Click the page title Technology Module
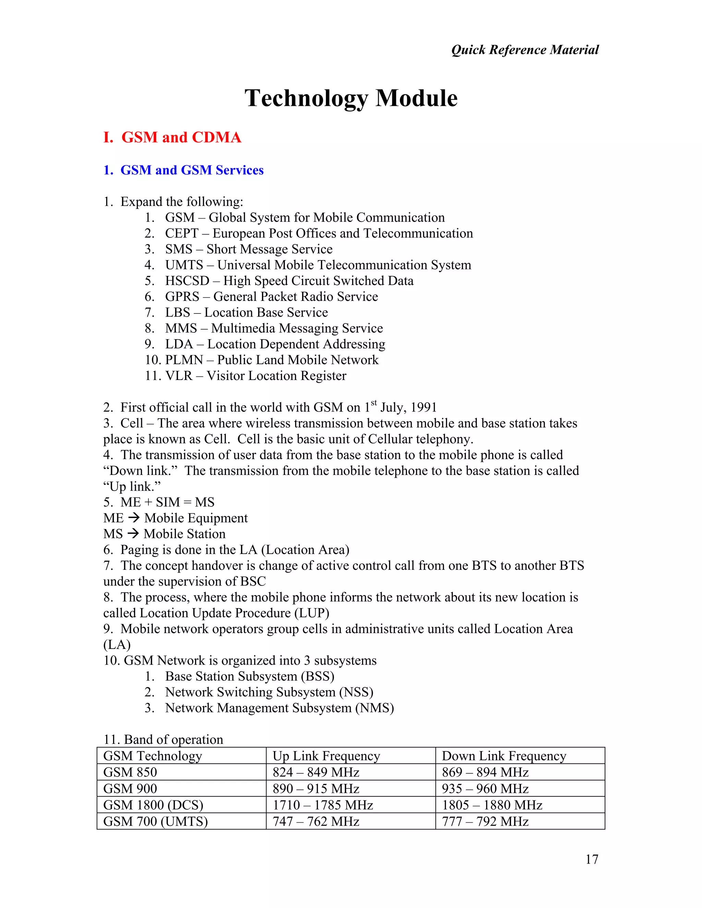pyautogui.click(x=351, y=99)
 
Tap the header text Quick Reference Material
pyautogui.click(x=525, y=50)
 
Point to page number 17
pyautogui.click(x=591, y=859)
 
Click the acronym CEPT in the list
pyautogui.click(x=182, y=234)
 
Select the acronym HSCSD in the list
pyautogui.click(x=187, y=281)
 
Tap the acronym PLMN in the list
pyautogui.click(x=184, y=360)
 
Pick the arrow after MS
pyautogui.click(x=133, y=534)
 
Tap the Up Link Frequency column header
pyautogui.click(x=326, y=756)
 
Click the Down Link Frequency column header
pyautogui.click(x=504, y=756)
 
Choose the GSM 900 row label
pyautogui.click(x=130, y=789)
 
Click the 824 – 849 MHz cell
pyautogui.click(x=316, y=772)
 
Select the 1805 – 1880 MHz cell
pyautogui.click(x=492, y=805)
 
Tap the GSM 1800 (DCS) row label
pyautogui.click(x=153, y=805)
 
